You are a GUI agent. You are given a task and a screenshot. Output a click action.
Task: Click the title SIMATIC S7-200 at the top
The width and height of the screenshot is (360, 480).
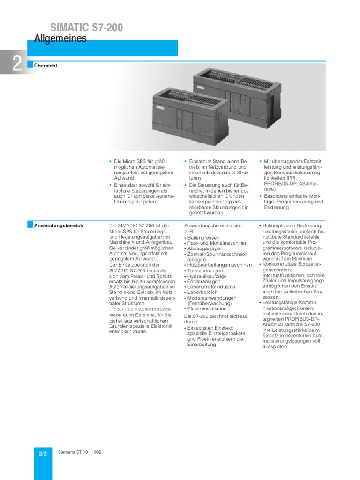pyautogui.click(x=87, y=28)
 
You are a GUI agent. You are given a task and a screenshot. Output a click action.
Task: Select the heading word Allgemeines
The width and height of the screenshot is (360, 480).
pyautogui.click(x=60, y=39)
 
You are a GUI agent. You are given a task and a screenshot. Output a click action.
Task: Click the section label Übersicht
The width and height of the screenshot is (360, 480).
pyautogui.click(x=45, y=66)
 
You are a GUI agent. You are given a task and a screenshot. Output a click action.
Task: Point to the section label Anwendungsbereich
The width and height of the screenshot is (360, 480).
pyautogui.click(x=59, y=225)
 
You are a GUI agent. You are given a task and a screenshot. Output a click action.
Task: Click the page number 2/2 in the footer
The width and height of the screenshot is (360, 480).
pyautogui.click(x=43, y=454)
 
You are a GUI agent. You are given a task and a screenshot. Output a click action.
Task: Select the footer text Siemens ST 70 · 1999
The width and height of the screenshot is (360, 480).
pyautogui.click(x=80, y=452)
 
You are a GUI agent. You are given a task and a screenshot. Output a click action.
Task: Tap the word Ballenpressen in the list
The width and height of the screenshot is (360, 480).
pyautogui.click(x=204, y=238)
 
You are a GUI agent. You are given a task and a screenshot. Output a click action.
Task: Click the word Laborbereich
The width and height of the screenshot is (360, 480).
pyautogui.click(x=202, y=292)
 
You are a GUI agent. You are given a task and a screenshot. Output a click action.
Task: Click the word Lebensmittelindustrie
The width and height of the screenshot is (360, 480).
pyautogui.click(x=211, y=287)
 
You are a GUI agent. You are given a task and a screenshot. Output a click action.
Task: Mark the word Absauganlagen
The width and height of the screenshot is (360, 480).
pyautogui.click(x=205, y=248)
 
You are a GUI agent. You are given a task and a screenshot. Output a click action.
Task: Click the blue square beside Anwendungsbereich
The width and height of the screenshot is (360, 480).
pyautogui.click(x=30, y=225)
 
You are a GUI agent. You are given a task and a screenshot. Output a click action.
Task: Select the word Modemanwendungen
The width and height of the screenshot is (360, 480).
pyautogui.click(x=208, y=298)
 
